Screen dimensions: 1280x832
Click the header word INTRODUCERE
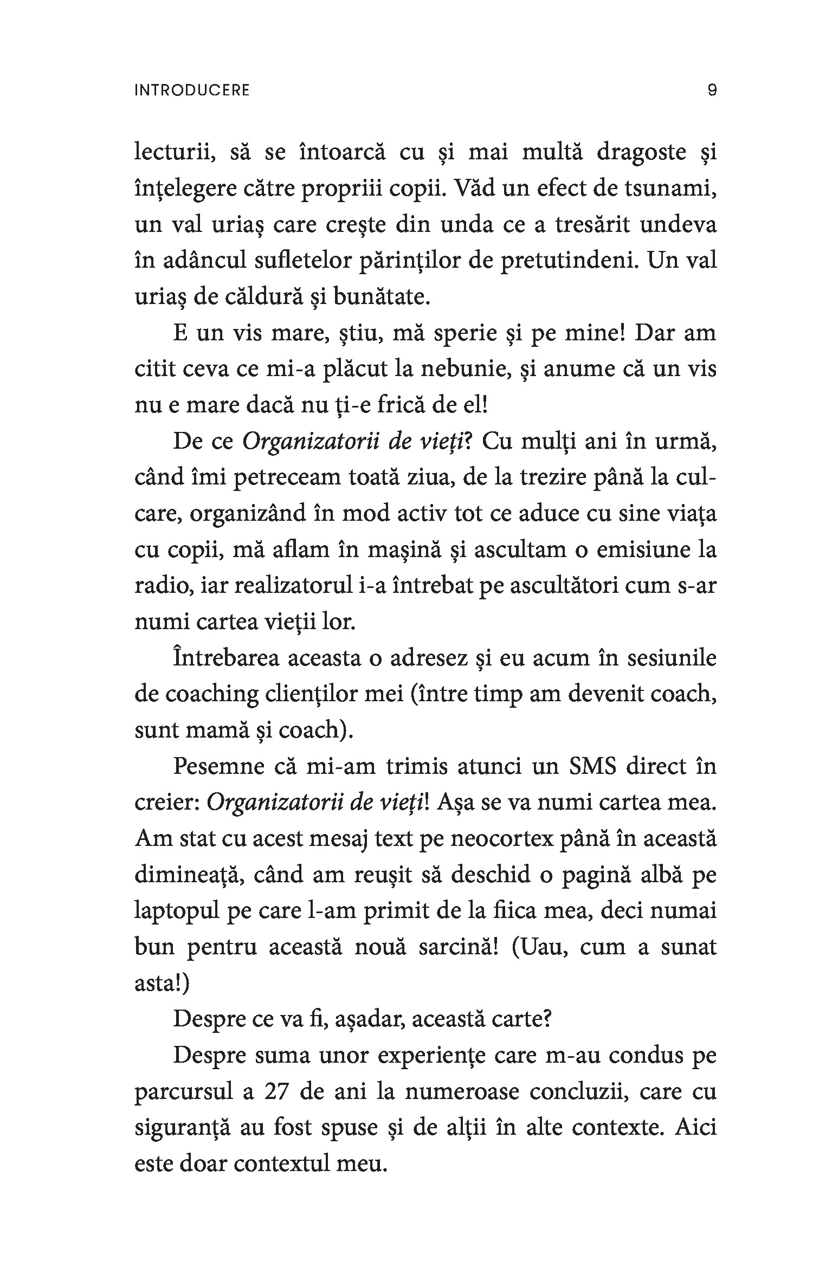[x=192, y=90]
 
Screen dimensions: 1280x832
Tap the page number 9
[x=712, y=90]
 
